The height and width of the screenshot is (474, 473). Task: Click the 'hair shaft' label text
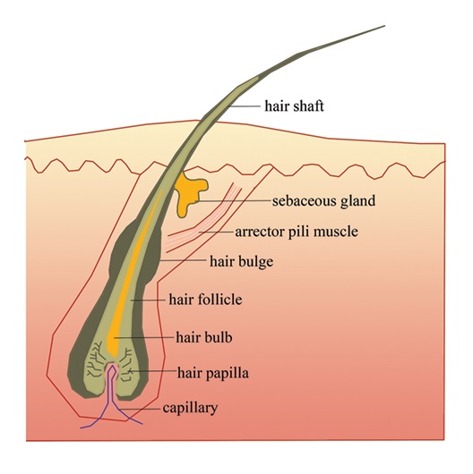[294, 106]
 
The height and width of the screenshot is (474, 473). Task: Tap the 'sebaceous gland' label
[323, 201]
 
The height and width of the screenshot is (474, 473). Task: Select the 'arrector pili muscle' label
[297, 232]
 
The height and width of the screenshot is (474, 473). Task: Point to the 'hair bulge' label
[241, 261]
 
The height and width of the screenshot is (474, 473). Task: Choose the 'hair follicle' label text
[205, 300]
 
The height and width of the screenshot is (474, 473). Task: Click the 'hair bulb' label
[204, 337]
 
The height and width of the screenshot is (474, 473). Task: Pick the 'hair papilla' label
[213, 373]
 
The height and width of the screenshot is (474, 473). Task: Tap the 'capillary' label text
[190, 408]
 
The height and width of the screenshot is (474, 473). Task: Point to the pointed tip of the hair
[385, 26]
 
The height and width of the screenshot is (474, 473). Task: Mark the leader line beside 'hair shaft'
[244, 106]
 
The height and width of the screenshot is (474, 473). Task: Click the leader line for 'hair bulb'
[143, 337]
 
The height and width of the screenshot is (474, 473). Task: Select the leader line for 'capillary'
[139, 409]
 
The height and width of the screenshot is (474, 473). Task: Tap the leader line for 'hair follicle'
[148, 300]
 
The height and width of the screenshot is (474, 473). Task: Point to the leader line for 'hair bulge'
[183, 259]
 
